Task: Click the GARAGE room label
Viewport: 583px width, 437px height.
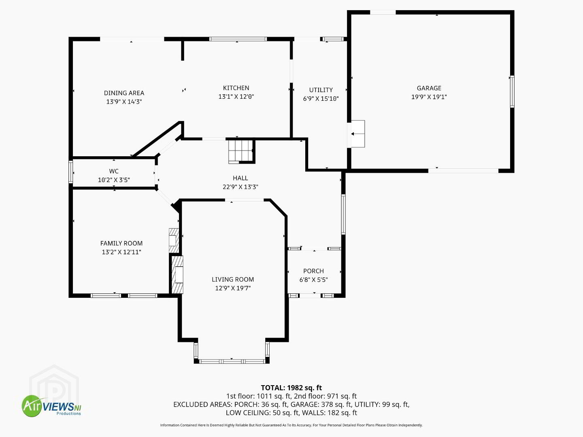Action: (x=429, y=88)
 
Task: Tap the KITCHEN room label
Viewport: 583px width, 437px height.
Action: (x=236, y=88)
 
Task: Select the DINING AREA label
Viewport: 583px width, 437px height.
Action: (x=124, y=93)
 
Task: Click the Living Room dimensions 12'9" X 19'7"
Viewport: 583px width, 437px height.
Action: (x=233, y=288)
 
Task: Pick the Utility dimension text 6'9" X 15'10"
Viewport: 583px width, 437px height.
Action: (x=321, y=98)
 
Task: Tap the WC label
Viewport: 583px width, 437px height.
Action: (x=114, y=171)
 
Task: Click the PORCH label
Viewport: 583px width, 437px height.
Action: (x=313, y=271)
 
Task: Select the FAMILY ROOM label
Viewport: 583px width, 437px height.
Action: (x=121, y=243)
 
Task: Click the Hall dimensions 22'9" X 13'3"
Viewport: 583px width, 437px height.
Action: (x=240, y=187)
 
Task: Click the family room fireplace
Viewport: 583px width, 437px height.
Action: (x=174, y=241)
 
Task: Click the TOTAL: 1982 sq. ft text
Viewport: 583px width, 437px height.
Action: (x=291, y=388)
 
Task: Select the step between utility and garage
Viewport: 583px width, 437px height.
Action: (x=358, y=134)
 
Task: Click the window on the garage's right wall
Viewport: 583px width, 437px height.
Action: (x=512, y=91)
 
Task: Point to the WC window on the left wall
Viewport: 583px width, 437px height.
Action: (x=71, y=172)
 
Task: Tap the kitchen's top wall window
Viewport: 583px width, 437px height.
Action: (x=238, y=39)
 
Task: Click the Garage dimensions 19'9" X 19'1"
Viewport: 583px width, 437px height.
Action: (x=429, y=97)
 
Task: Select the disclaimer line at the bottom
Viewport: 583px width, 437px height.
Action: (x=291, y=425)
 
